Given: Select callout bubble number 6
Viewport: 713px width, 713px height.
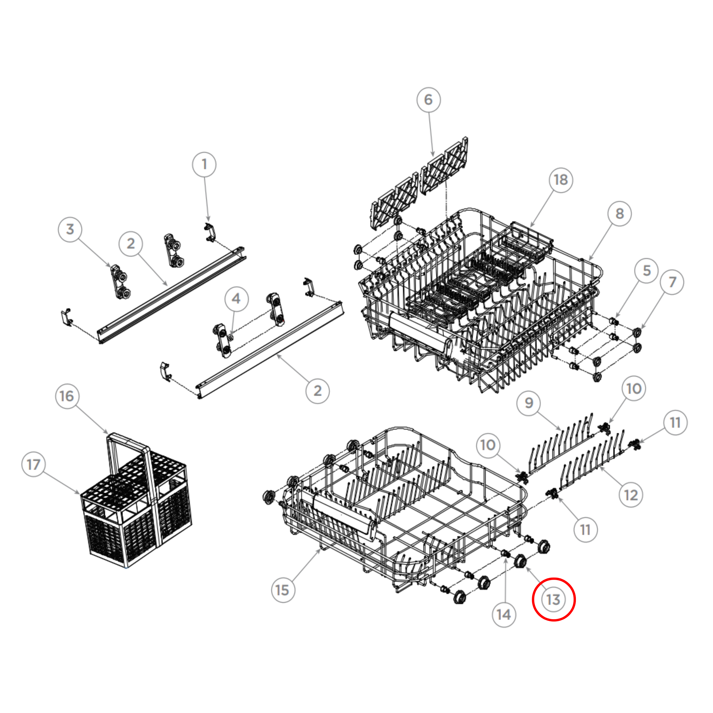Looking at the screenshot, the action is pyautogui.click(x=428, y=100).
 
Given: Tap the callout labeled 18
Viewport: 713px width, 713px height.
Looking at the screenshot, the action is pyautogui.click(x=561, y=180).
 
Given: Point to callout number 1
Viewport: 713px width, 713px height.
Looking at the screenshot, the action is pyautogui.click(x=204, y=165).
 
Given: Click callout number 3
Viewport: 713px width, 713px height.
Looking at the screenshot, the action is pyautogui.click(x=70, y=229).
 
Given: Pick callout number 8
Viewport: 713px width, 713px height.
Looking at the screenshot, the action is pyautogui.click(x=620, y=214).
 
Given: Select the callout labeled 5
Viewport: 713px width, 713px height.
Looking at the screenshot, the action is pyautogui.click(x=647, y=271).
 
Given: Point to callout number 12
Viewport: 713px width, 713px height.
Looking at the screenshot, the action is pyautogui.click(x=631, y=495).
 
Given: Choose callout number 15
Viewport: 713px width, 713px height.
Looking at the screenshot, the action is pyautogui.click(x=283, y=590).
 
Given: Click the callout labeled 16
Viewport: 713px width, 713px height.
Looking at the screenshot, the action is pyautogui.click(x=67, y=396).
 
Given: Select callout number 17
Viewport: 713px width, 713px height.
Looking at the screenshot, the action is pyautogui.click(x=33, y=465).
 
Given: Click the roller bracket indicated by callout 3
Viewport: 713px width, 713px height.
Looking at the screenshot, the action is pyautogui.click(x=120, y=282).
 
